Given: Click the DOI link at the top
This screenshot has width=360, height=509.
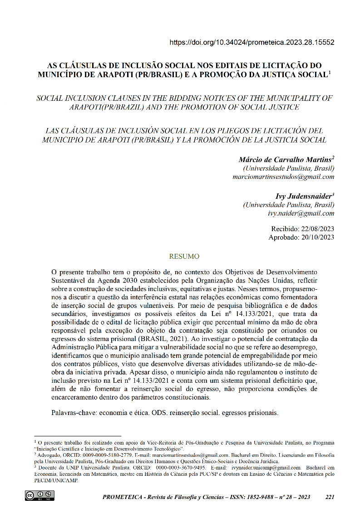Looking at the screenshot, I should coord(252,42).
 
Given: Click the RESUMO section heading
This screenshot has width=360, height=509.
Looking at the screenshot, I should coord(184,257).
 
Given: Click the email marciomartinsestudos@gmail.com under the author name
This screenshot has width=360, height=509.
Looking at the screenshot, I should coord(283,177).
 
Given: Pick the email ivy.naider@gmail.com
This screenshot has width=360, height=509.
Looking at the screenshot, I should coord(301,213).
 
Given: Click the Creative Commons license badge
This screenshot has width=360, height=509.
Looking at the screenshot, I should coord(39,495).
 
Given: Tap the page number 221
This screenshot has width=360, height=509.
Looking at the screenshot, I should coord(330,497).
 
